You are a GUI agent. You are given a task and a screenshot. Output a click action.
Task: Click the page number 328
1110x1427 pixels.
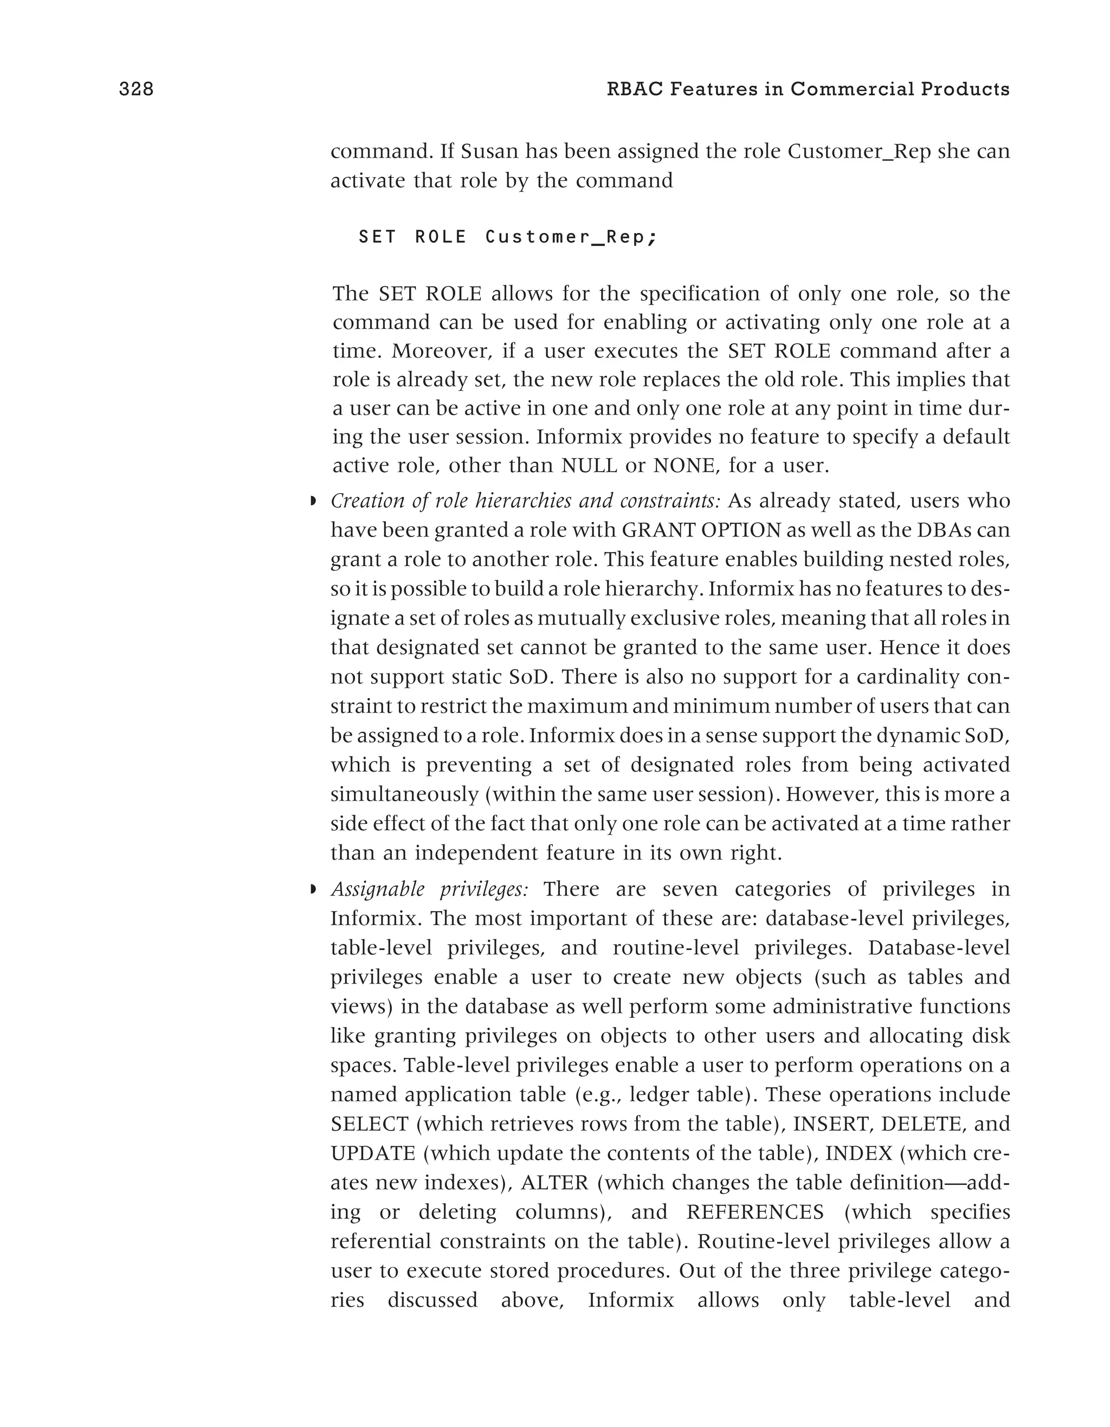136,89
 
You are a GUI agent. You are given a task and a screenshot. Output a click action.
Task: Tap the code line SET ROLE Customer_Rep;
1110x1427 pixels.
507,237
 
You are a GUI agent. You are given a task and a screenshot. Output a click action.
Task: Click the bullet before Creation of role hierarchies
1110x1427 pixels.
313,502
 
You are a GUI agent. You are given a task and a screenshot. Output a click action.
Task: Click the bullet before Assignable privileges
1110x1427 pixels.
313,889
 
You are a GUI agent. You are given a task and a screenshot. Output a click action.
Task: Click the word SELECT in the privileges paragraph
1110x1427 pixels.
370,1124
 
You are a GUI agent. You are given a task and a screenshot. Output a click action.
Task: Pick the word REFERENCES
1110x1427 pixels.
755,1212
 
